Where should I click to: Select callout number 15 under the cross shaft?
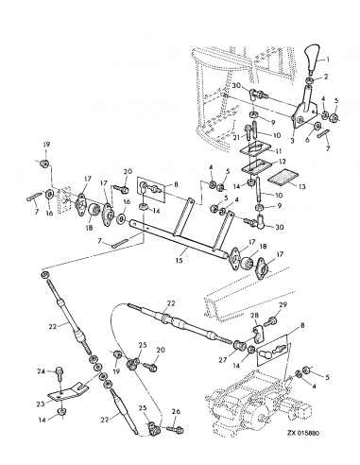(180, 261)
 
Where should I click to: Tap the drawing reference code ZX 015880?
(303, 433)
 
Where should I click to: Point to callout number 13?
(301, 187)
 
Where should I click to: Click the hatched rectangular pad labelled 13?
(283, 177)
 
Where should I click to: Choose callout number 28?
(254, 316)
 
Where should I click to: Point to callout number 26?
(176, 411)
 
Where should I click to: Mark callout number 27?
(223, 360)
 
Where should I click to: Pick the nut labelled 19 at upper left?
(44, 164)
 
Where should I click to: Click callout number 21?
(237, 137)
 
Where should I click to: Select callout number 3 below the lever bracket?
(292, 141)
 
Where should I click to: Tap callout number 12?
(282, 162)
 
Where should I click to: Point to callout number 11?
(279, 151)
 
